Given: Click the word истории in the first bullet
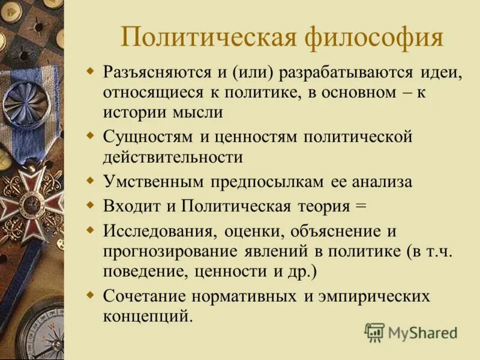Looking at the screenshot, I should [x=128, y=112].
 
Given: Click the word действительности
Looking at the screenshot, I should [x=173, y=157].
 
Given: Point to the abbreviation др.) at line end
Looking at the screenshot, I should [x=304, y=271].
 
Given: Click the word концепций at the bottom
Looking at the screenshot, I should [x=148, y=316].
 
